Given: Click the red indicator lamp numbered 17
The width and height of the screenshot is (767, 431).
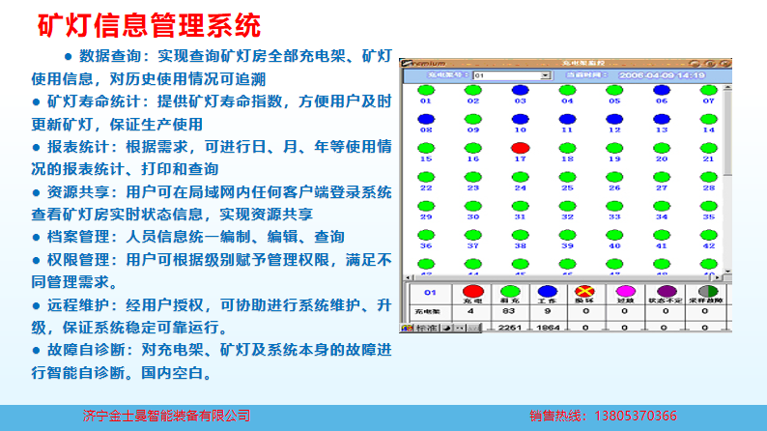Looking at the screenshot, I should (x=520, y=148).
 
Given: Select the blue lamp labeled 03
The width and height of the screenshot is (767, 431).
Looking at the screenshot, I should (x=520, y=90).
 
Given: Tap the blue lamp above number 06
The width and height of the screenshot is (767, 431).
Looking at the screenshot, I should (x=662, y=90).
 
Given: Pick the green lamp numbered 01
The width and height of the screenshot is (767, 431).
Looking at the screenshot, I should (x=426, y=90).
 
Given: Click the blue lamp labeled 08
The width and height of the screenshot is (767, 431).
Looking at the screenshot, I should (x=426, y=119).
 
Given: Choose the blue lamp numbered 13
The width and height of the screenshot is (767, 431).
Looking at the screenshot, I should (x=662, y=119).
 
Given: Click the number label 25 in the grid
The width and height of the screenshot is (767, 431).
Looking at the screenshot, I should (x=567, y=188).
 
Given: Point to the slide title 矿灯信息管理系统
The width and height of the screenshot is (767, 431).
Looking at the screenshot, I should (x=149, y=23).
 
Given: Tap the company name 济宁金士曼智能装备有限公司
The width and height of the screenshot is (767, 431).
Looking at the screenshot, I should (x=167, y=417).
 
